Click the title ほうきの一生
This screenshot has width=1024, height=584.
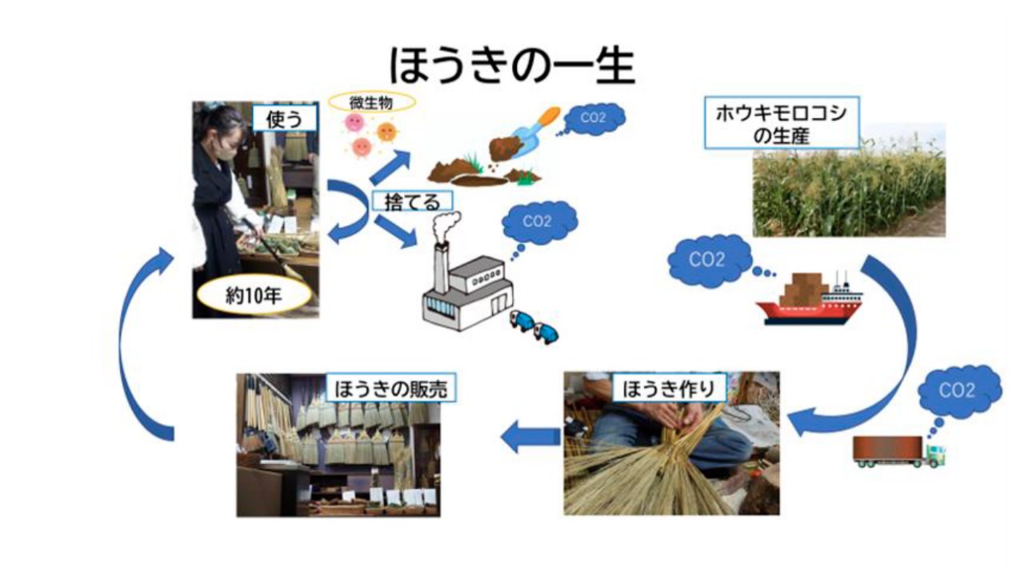tap(512, 65)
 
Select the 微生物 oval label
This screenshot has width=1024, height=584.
tap(371, 102)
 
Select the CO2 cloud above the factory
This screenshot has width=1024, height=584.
tap(541, 222)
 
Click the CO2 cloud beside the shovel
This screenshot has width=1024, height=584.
tap(593, 118)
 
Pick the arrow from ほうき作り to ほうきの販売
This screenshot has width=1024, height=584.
tap(531, 436)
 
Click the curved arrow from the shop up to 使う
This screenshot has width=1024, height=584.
tap(144, 344)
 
